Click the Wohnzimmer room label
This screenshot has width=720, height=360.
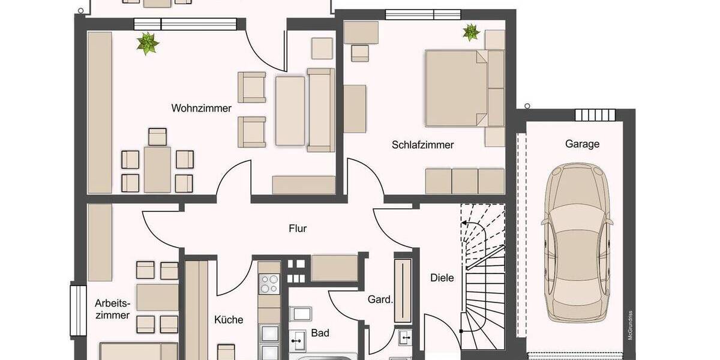tap(202, 109)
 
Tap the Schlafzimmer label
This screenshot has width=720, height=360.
tap(423, 145)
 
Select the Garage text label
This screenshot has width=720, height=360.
tap(582, 144)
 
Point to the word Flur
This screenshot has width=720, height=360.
tap(298, 229)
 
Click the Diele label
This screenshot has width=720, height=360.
tap(442, 278)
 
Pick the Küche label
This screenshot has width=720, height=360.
tap(229, 320)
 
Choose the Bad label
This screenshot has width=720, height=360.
tap(320, 333)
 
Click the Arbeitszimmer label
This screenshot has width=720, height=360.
tap(112, 308)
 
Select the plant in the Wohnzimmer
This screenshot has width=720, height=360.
tap(147, 44)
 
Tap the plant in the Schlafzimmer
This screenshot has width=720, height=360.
tap(471, 32)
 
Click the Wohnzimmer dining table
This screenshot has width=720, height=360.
tap(157, 169)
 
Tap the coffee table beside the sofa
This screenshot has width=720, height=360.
tap(290, 111)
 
